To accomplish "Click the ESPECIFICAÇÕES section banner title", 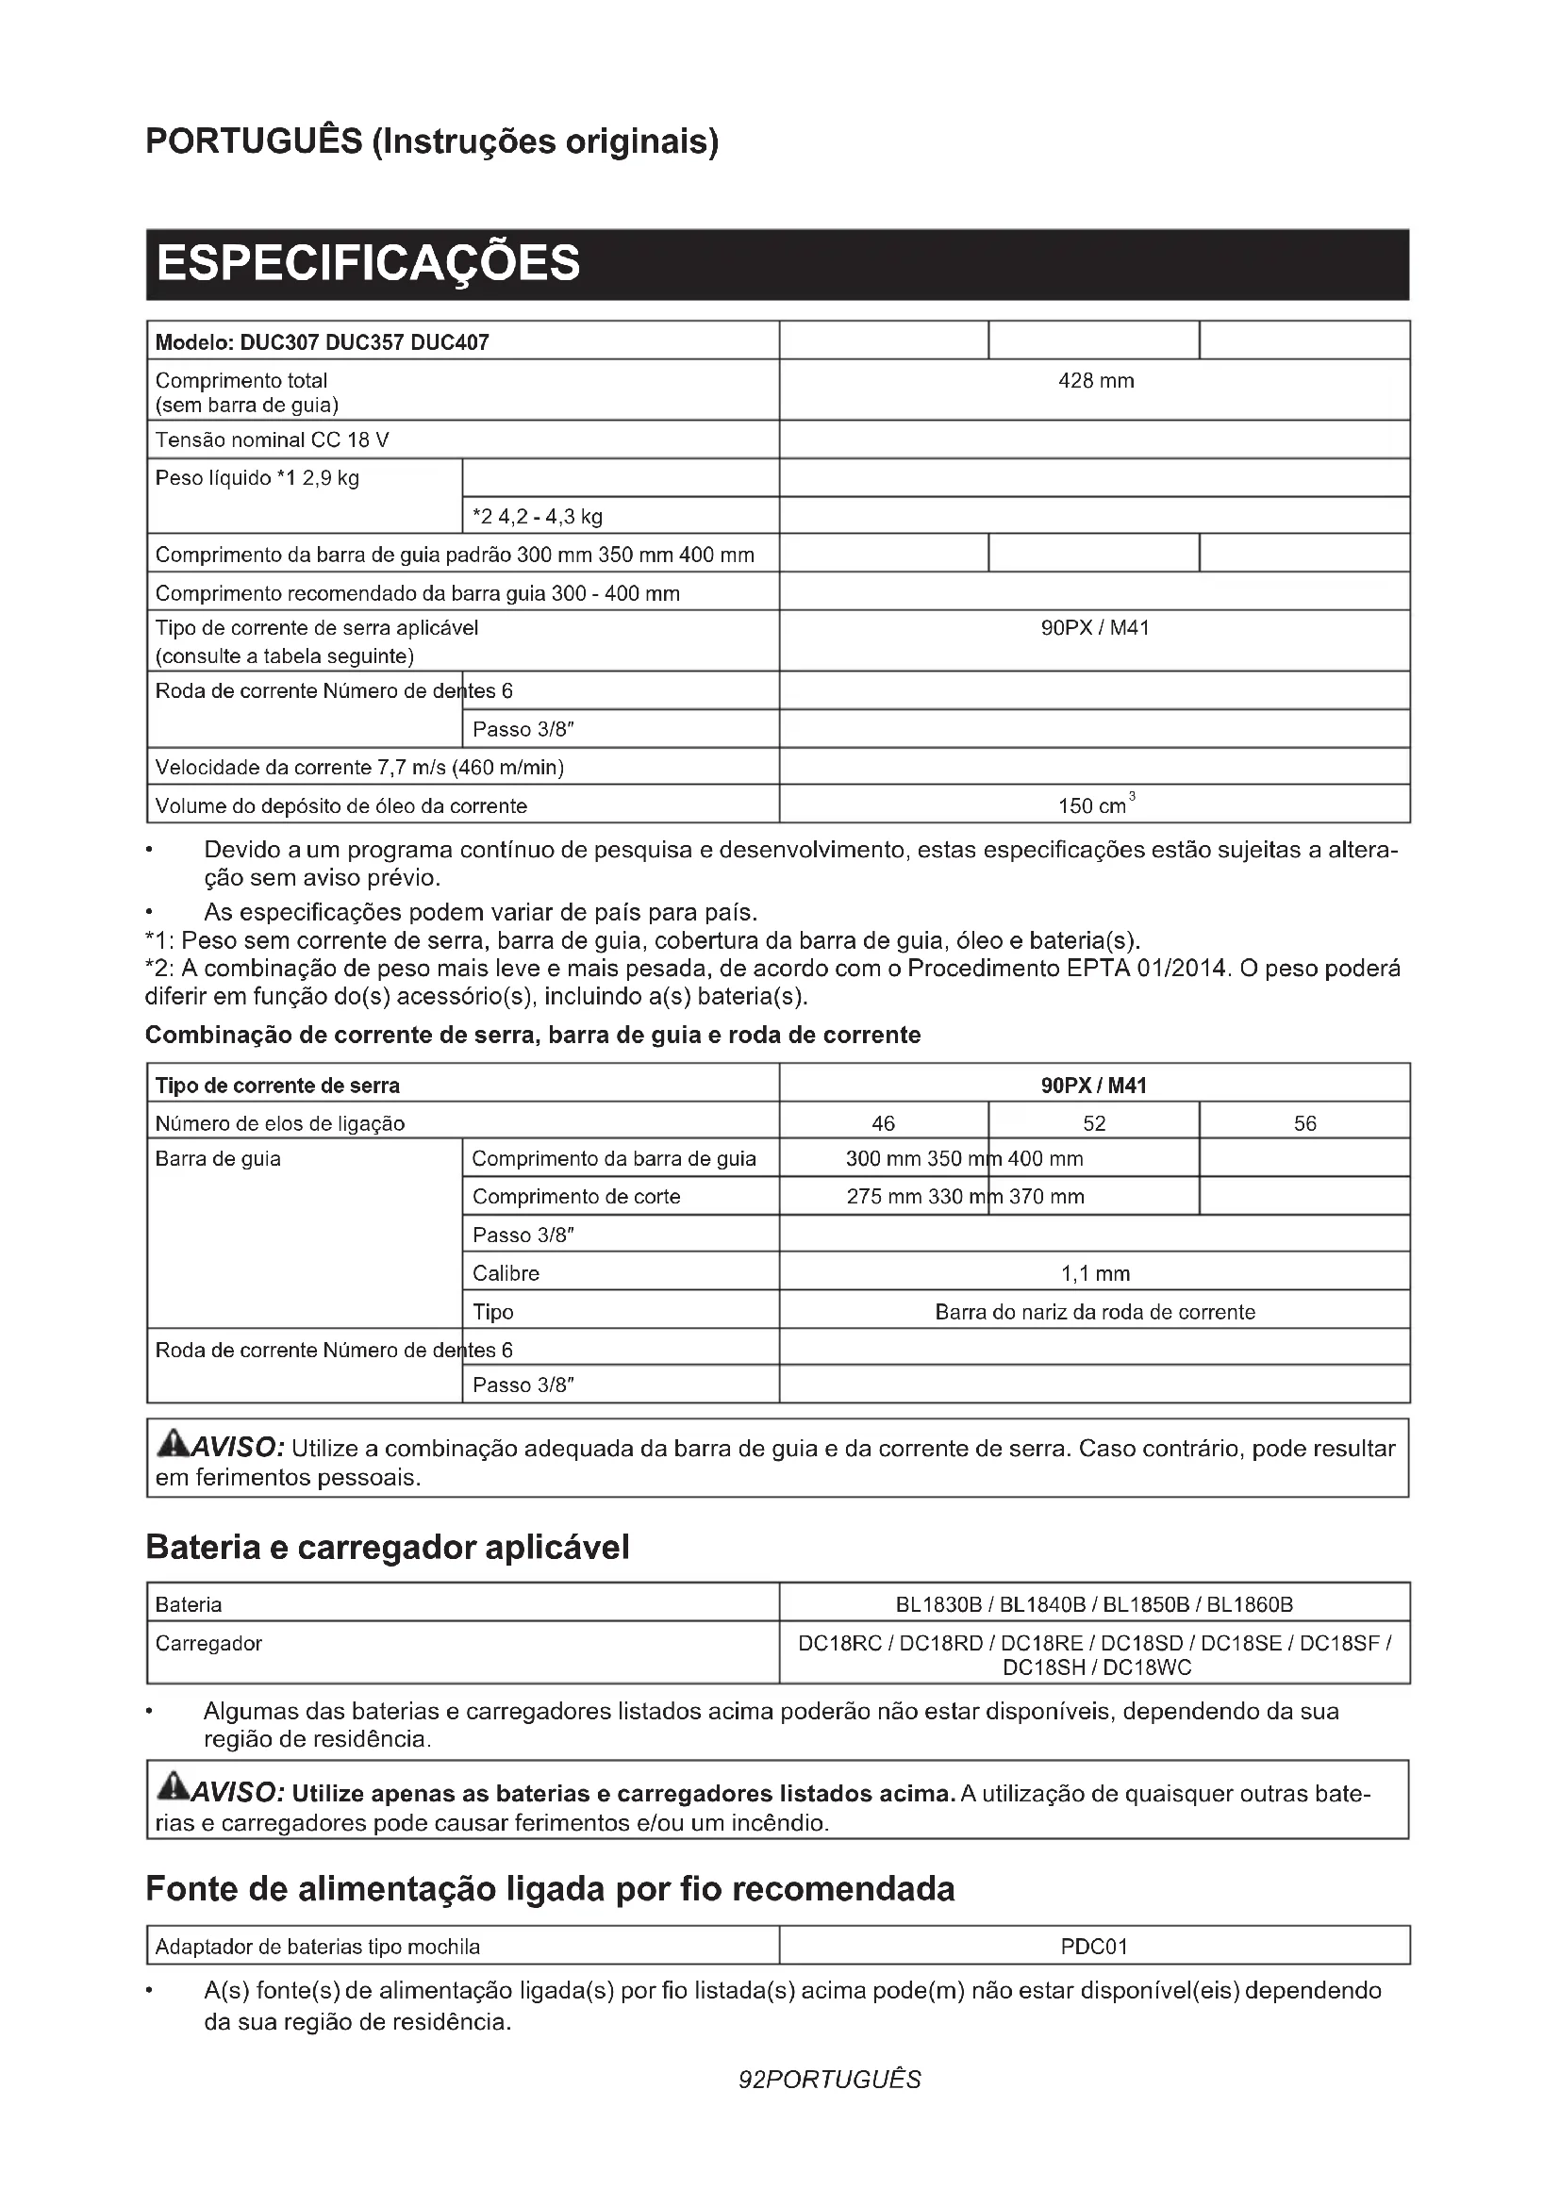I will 368,263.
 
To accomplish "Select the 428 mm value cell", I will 1095,381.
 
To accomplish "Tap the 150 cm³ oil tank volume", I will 1096,805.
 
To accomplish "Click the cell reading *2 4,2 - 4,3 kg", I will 538,517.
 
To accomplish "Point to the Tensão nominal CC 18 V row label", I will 272,440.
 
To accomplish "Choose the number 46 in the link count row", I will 883,1123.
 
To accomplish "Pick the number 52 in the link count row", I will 1094,1123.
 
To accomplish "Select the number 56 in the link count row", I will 1304,1123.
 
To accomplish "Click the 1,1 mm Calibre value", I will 1095,1274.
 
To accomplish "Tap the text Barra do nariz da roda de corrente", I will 1095,1313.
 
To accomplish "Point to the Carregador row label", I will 208,1644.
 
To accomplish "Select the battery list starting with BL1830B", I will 1094,1604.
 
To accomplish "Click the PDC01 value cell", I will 1094,1947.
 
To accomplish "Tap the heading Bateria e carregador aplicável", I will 387,1548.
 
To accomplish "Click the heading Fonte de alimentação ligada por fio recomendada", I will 550,1889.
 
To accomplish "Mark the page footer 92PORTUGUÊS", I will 829,2081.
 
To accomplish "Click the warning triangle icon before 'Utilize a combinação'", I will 174,1444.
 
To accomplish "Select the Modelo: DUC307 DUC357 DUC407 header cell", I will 322,343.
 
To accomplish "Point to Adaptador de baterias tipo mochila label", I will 317,1948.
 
